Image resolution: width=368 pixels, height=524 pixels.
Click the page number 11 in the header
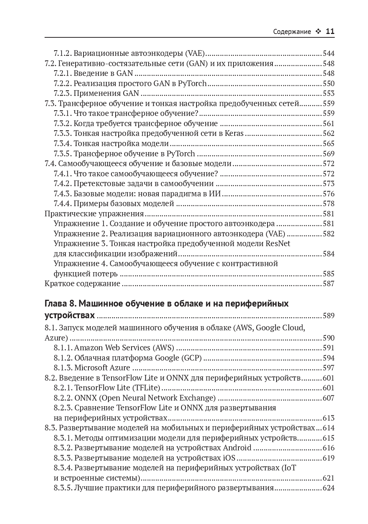(330, 31)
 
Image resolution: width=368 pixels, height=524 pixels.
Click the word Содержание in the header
(292, 32)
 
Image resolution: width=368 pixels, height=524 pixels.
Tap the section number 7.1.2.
(62, 54)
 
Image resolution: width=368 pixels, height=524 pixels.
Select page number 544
(328, 54)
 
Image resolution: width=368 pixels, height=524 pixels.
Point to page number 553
(328, 94)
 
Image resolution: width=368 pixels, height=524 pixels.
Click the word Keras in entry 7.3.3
(234, 134)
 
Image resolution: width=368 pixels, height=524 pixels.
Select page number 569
(328, 154)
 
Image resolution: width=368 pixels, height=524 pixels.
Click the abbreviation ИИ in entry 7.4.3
(215, 194)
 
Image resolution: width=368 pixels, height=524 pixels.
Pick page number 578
(328, 204)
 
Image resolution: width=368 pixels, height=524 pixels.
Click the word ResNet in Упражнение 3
(278, 244)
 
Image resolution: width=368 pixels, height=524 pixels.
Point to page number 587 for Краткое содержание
(328, 284)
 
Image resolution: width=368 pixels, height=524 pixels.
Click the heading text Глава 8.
(61, 304)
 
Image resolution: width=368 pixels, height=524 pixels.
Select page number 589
(328, 316)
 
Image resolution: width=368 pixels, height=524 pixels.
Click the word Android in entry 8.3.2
(237, 448)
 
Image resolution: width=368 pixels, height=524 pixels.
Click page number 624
(328, 488)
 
